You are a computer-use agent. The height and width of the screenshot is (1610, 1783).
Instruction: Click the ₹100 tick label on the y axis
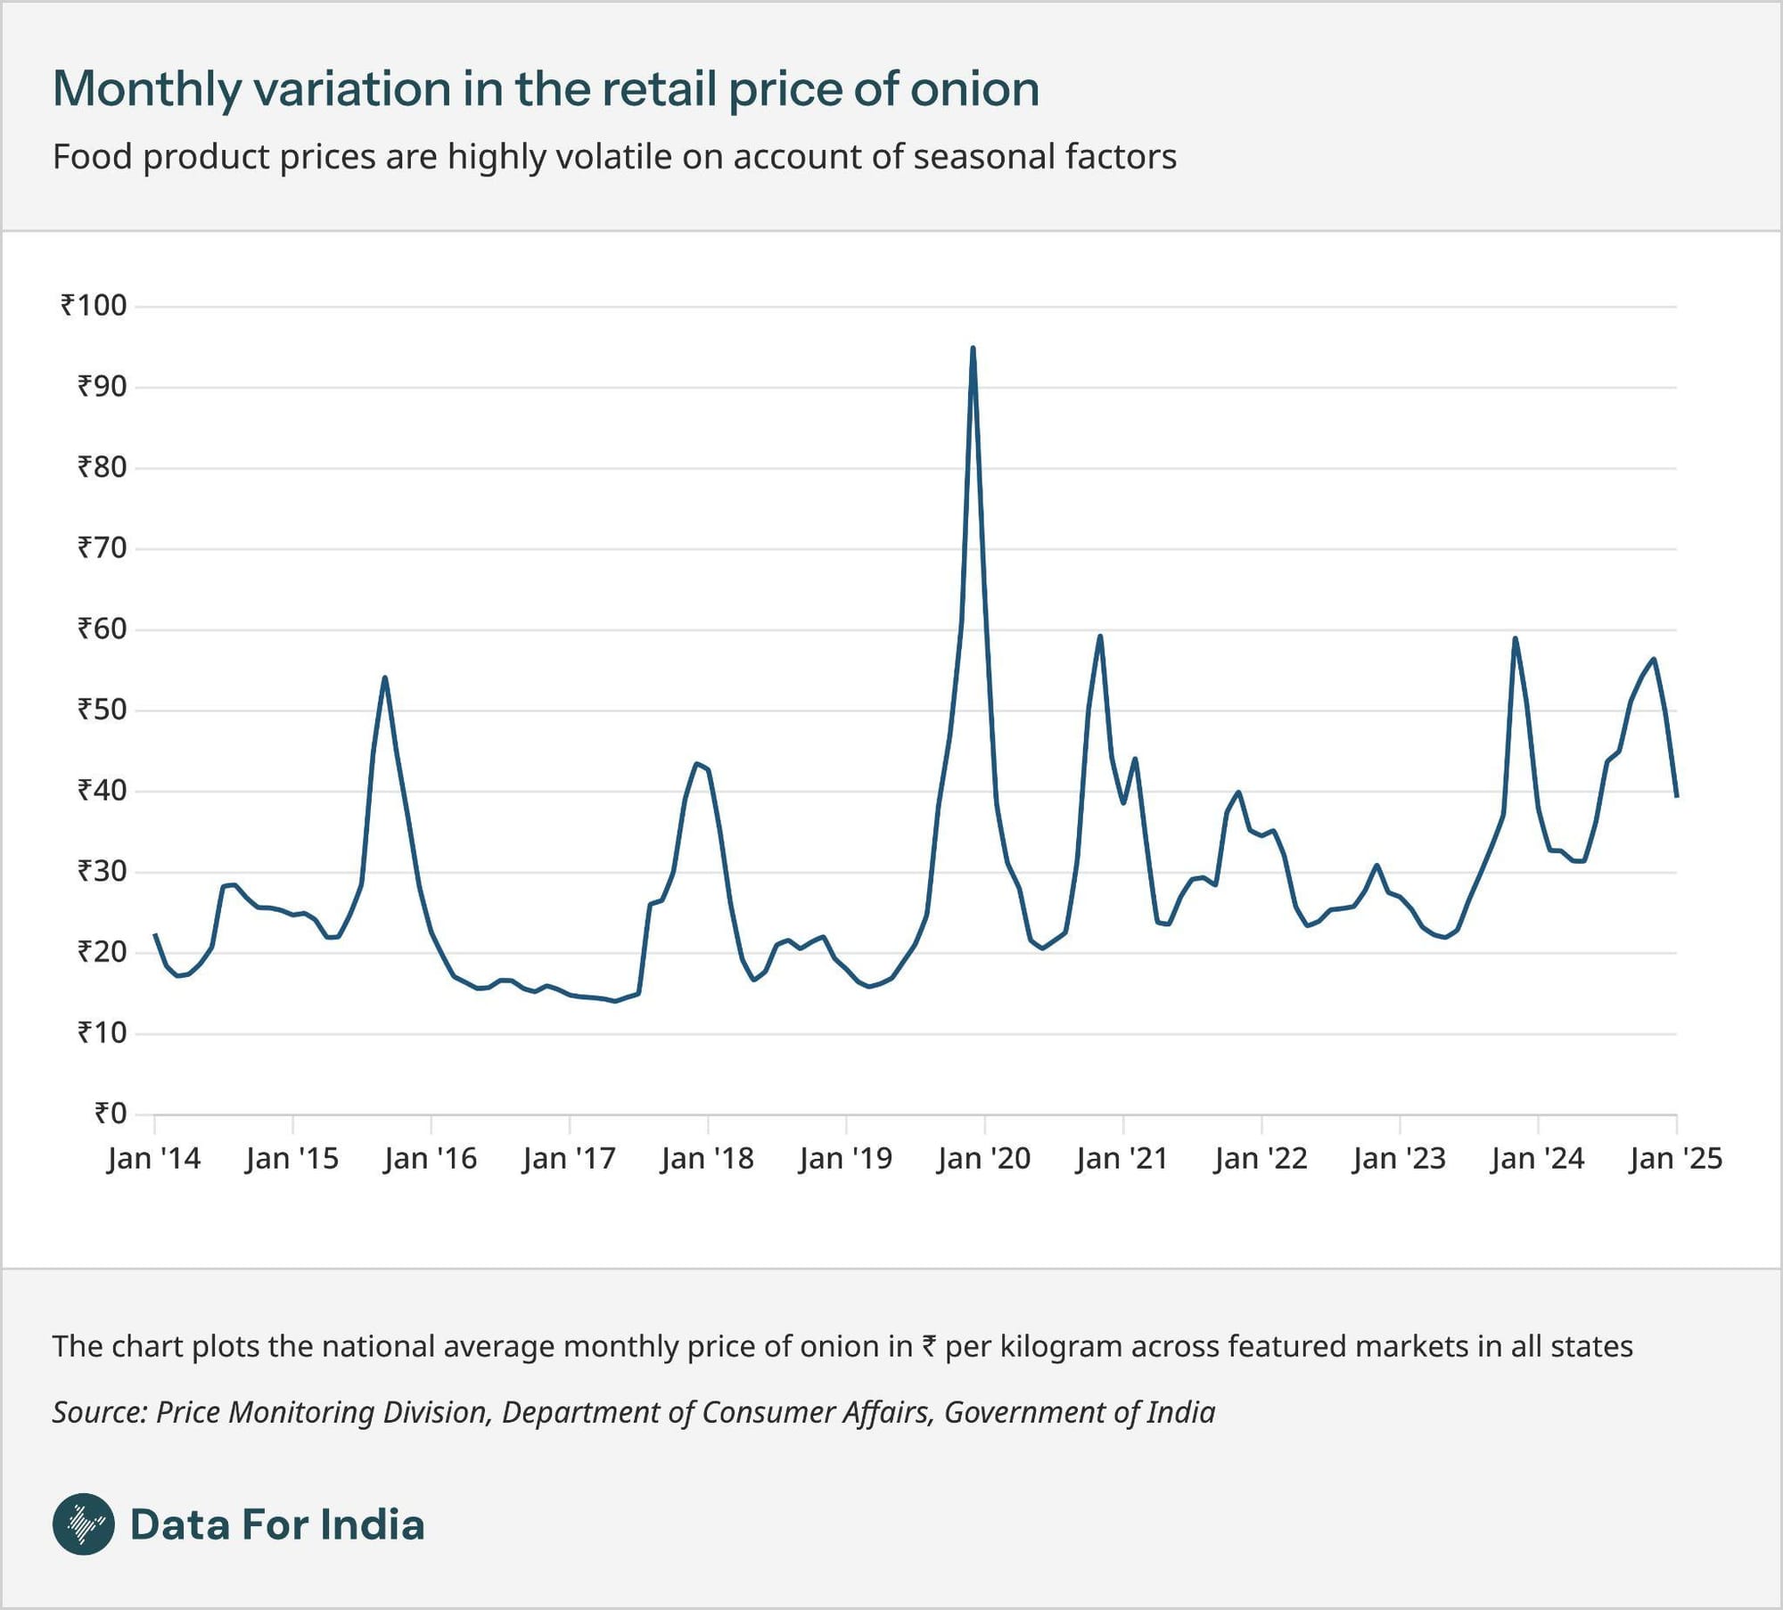tap(94, 306)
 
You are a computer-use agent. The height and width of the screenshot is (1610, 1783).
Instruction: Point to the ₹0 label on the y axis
tap(111, 1113)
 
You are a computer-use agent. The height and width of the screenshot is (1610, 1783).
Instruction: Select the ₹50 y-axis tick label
tap(102, 710)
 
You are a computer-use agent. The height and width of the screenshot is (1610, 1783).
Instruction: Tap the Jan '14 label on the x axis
tap(153, 1158)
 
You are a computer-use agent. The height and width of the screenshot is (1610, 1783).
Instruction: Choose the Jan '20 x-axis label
tap(983, 1158)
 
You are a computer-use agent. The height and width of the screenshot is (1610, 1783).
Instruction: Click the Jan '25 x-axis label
tap(1675, 1158)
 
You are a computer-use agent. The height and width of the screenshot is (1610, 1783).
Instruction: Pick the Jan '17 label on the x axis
tap(569, 1158)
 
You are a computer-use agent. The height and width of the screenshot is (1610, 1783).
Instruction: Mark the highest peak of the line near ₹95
tap(973, 348)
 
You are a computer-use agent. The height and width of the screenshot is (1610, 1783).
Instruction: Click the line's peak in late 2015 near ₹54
tap(384, 678)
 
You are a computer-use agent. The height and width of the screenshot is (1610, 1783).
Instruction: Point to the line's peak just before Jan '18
tap(696, 763)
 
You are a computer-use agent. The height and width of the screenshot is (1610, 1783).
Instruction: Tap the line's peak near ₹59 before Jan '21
tap(1100, 636)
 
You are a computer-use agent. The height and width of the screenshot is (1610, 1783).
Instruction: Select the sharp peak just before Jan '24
tap(1515, 638)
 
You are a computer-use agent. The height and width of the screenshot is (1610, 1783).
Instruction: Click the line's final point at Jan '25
tap(1677, 796)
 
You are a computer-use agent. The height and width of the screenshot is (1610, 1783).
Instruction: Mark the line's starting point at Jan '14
tap(155, 934)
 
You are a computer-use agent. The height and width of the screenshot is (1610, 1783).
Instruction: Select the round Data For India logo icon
tap(84, 1524)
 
